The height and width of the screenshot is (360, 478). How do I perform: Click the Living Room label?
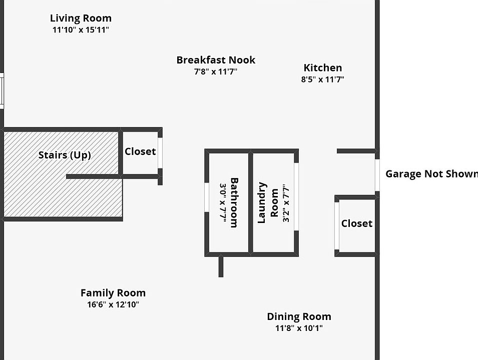[81, 18]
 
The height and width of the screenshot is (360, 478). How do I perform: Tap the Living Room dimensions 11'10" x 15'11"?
[81, 30]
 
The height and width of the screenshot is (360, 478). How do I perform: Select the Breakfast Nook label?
[216, 60]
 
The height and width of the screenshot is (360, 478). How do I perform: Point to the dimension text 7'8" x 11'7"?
[216, 71]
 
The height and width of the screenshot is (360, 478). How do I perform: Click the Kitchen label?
[323, 67]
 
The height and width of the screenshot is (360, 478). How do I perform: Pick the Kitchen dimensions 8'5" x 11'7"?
[323, 79]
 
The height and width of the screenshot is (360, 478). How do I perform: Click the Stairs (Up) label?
[65, 155]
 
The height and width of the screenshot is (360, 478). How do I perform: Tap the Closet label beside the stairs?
[140, 151]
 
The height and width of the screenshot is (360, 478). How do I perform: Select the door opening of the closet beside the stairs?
[160, 153]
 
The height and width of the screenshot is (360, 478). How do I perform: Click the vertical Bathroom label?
[234, 202]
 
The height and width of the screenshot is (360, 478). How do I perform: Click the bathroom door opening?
[207, 197]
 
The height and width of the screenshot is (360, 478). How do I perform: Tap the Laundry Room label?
[268, 202]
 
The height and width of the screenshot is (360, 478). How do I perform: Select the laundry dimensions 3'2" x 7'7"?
[286, 203]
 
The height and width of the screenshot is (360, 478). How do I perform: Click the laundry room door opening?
[296, 197]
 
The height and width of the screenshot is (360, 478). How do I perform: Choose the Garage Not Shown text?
[431, 174]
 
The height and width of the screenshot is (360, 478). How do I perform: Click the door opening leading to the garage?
[377, 175]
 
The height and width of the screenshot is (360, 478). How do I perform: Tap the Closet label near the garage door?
[357, 223]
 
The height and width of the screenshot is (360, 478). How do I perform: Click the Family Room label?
[113, 293]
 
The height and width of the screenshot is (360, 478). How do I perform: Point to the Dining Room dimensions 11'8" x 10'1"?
[299, 328]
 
